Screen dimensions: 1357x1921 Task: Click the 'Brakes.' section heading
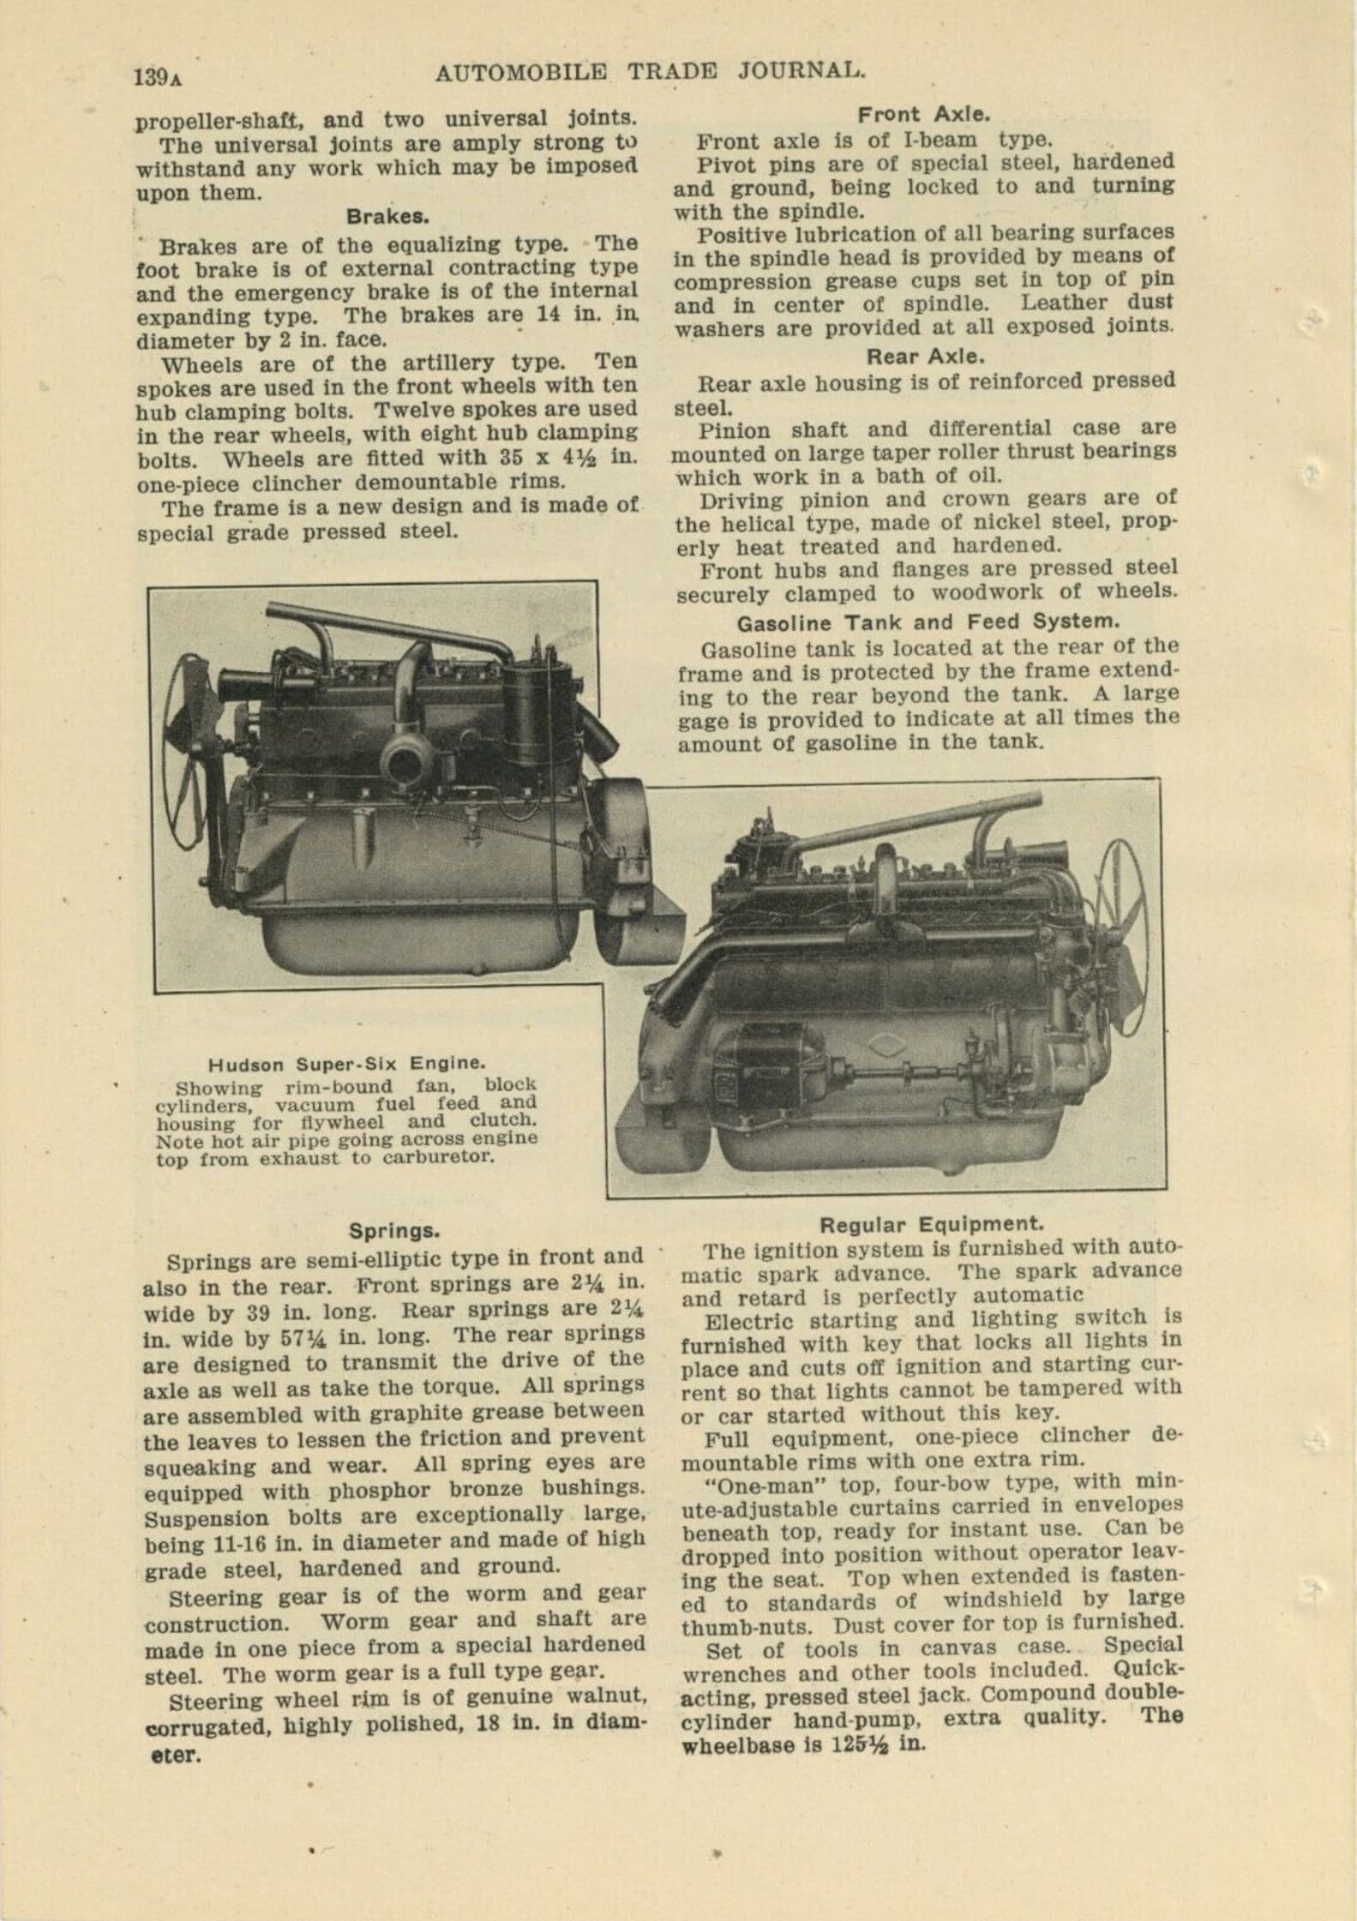[387, 217]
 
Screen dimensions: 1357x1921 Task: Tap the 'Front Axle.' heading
[924, 114]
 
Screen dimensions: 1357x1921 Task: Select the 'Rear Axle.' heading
[924, 357]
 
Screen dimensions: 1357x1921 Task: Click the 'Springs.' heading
[394, 1231]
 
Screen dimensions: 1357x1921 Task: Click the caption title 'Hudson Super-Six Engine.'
[347, 1064]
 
